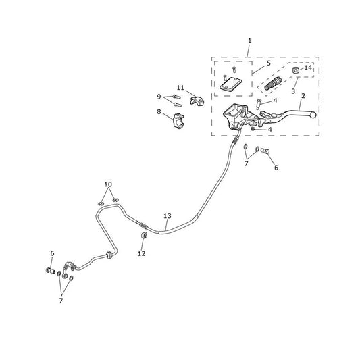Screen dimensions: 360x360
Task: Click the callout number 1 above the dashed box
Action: pyautogui.click(x=249, y=41)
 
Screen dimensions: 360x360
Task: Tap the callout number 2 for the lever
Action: pyautogui.click(x=303, y=96)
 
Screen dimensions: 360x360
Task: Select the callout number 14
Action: pyautogui.click(x=308, y=68)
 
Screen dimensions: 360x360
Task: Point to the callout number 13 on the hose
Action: pyautogui.click(x=168, y=216)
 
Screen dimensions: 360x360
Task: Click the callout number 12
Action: pyautogui.click(x=142, y=254)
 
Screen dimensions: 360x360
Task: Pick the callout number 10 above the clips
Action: pyautogui.click(x=108, y=184)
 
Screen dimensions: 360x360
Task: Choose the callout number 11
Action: pyautogui.click(x=180, y=88)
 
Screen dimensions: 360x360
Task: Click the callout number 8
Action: pyautogui.click(x=159, y=112)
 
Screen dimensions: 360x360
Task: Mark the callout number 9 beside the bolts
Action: pyautogui.click(x=159, y=97)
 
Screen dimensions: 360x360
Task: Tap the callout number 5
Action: pyautogui.click(x=269, y=63)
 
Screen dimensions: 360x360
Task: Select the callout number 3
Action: pyautogui.click(x=293, y=91)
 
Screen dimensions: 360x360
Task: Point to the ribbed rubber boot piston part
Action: pyautogui.click(x=273, y=83)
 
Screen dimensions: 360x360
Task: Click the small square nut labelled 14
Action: pyautogui.click(x=295, y=70)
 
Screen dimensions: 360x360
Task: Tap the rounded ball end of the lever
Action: pyautogui.click(x=313, y=115)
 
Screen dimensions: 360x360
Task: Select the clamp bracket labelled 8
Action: pyautogui.click(x=178, y=121)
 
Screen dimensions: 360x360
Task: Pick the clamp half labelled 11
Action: pyautogui.click(x=197, y=101)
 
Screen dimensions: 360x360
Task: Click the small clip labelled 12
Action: pyautogui.click(x=144, y=235)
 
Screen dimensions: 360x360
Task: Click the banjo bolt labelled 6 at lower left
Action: pyautogui.click(x=51, y=270)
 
